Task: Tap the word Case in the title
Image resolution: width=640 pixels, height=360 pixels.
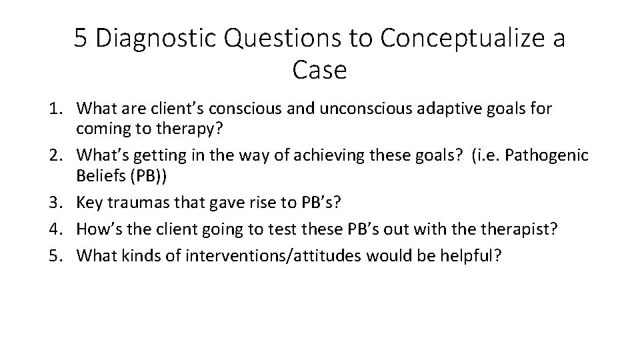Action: (x=319, y=70)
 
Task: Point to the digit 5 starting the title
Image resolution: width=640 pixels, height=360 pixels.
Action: (x=81, y=39)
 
